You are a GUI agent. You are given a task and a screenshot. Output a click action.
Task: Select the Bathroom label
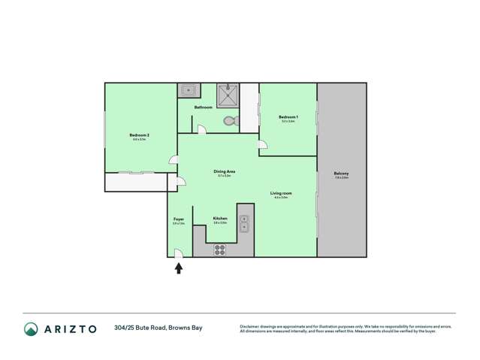[203, 107]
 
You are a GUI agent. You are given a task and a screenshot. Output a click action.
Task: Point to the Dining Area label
[224, 171]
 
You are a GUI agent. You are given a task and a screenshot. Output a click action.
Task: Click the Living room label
[281, 193]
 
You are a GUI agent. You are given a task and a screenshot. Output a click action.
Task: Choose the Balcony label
[341, 174]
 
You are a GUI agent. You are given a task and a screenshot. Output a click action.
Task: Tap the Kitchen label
[220, 219]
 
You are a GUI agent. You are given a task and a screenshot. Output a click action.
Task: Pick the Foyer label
[179, 219]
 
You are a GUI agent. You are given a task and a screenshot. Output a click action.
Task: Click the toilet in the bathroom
[230, 120]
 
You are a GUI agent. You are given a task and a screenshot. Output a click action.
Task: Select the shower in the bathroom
[228, 95]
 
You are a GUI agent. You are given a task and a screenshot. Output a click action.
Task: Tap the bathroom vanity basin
[188, 91]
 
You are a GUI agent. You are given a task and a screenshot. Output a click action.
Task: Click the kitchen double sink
[244, 222]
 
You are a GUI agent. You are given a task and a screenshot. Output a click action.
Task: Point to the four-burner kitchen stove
[220, 250]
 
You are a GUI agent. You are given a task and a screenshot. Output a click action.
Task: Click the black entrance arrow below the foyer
[179, 268]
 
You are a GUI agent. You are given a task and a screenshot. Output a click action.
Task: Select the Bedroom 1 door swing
[262, 144]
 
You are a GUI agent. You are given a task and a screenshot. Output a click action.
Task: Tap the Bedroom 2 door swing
[174, 159]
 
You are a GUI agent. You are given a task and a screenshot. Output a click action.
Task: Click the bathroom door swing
[201, 130]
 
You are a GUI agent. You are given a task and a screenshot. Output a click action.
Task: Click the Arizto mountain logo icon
[31, 328]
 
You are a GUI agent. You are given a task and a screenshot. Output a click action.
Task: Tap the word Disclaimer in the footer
[252, 326]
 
